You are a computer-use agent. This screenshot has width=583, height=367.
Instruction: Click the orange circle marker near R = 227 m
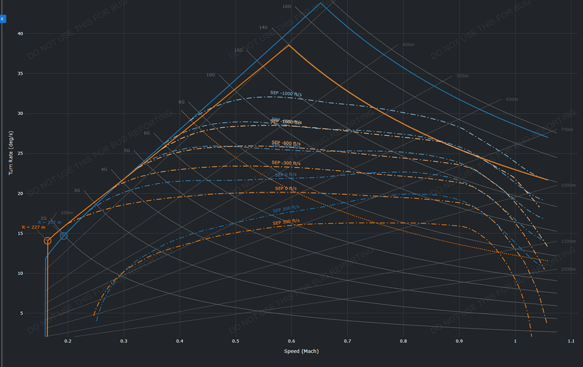click(x=48, y=241)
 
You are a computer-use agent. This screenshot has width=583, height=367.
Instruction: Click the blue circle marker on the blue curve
click(x=64, y=236)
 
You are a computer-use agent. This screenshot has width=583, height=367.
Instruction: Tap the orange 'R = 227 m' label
click(x=33, y=227)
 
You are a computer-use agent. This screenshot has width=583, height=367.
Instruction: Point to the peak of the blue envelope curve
click(x=321, y=3)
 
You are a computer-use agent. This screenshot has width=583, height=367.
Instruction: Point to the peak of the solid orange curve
click(x=289, y=45)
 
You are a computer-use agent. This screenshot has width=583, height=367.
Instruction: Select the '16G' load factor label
click(x=287, y=7)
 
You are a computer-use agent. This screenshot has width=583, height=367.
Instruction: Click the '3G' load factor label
click(x=77, y=190)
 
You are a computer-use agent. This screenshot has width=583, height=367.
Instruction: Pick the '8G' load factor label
click(x=181, y=102)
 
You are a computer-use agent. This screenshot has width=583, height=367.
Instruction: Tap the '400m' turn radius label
click(x=408, y=45)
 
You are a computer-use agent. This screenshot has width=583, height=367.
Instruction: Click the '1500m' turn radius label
click(x=568, y=241)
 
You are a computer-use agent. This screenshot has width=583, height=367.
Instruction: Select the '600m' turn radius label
click(x=512, y=99)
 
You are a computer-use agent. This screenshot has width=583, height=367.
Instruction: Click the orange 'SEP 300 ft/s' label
click(x=286, y=222)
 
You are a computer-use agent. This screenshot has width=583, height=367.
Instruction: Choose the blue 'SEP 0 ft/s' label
click(x=286, y=174)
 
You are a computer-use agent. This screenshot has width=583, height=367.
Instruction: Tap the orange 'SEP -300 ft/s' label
click(x=285, y=163)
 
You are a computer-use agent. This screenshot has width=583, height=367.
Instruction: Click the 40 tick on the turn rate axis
click(x=20, y=34)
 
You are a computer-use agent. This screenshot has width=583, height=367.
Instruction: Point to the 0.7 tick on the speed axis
click(x=347, y=341)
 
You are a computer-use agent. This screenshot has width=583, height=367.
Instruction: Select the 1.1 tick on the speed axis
click(x=571, y=341)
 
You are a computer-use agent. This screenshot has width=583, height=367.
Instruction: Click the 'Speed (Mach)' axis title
click(x=301, y=351)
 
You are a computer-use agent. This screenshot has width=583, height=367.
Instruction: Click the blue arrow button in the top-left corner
click(x=2, y=19)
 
